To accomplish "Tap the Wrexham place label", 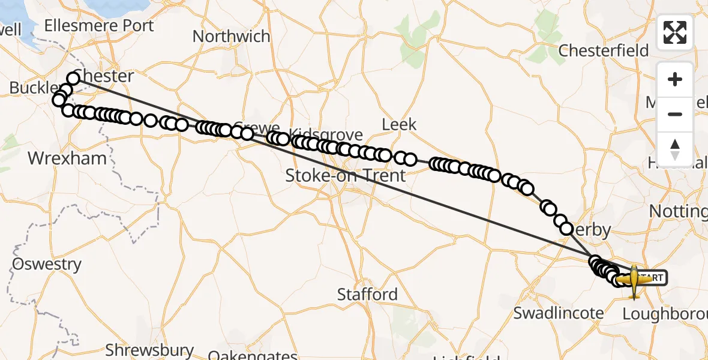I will tap(68, 158).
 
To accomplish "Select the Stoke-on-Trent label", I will tap(345, 176).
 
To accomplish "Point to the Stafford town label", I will tap(367, 295).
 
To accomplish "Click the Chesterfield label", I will tap(604, 50).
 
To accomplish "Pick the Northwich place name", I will tap(231, 36).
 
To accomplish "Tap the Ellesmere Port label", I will tap(99, 26).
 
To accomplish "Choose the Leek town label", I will tap(399, 124).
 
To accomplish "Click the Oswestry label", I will tap(47, 264).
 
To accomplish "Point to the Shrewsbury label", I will tap(149, 350).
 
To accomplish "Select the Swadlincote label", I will tap(559, 313).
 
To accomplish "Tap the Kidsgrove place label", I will tap(326, 134).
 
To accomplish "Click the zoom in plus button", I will tap(675, 80).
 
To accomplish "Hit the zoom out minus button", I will tap(675, 114).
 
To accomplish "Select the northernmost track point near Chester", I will tap(73, 78).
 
